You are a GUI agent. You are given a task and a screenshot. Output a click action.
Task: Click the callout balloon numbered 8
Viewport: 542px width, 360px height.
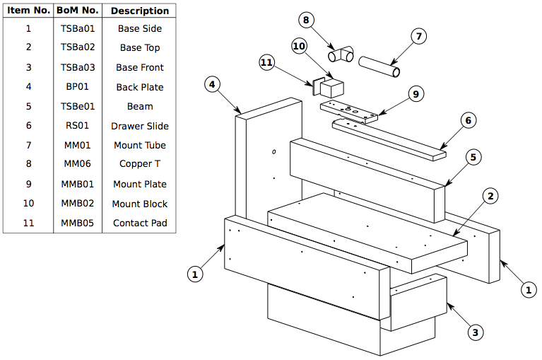[x=306, y=20]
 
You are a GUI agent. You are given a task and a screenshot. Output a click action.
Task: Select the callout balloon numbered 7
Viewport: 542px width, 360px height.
[x=418, y=35]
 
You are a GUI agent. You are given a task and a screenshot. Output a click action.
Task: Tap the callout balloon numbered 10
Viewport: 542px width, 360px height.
[x=299, y=45]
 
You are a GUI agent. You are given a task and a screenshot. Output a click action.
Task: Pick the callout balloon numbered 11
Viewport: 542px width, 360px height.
[x=266, y=62]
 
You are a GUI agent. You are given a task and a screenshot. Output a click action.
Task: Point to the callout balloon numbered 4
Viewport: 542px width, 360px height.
[x=211, y=85]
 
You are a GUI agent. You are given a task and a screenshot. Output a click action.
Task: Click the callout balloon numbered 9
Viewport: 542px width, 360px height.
[x=415, y=93]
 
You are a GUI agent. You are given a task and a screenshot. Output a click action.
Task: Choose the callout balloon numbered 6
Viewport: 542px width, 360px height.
[x=467, y=120]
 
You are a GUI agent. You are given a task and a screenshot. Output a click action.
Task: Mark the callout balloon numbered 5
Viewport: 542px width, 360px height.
[x=473, y=156]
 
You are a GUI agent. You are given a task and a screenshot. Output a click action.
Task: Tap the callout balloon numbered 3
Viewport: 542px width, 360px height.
[x=475, y=331]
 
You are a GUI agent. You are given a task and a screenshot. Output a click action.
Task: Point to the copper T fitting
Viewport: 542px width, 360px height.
[x=342, y=54]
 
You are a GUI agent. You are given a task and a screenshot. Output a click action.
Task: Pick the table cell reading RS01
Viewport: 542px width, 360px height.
[x=78, y=126]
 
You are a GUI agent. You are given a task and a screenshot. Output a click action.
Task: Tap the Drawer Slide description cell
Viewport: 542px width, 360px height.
[x=140, y=126]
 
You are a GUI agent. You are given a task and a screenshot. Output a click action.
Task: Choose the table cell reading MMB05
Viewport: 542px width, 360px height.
[x=78, y=223]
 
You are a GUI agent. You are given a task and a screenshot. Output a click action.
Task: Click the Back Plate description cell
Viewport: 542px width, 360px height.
[x=140, y=87]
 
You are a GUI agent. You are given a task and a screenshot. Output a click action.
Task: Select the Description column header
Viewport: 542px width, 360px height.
[x=140, y=11]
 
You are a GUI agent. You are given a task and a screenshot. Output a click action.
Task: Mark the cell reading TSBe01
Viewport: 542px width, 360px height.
[x=78, y=106]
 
